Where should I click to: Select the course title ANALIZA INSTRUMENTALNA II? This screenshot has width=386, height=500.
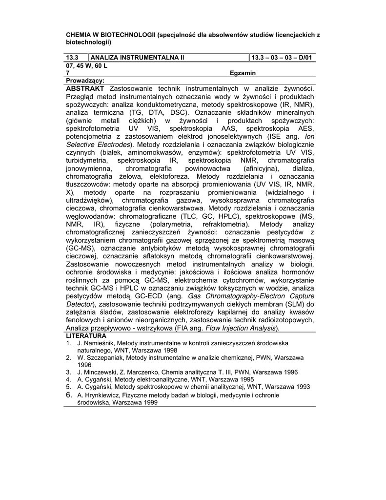[138, 58]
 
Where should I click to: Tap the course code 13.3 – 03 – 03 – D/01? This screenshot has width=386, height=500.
[283, 58]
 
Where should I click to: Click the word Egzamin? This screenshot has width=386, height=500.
[243, 73]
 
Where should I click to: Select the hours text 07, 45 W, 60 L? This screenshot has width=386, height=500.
[86, 65]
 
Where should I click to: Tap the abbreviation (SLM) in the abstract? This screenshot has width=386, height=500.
[293, 304]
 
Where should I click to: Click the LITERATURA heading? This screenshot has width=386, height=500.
[86, 336]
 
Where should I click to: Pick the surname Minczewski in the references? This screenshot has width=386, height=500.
[102, 372]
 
